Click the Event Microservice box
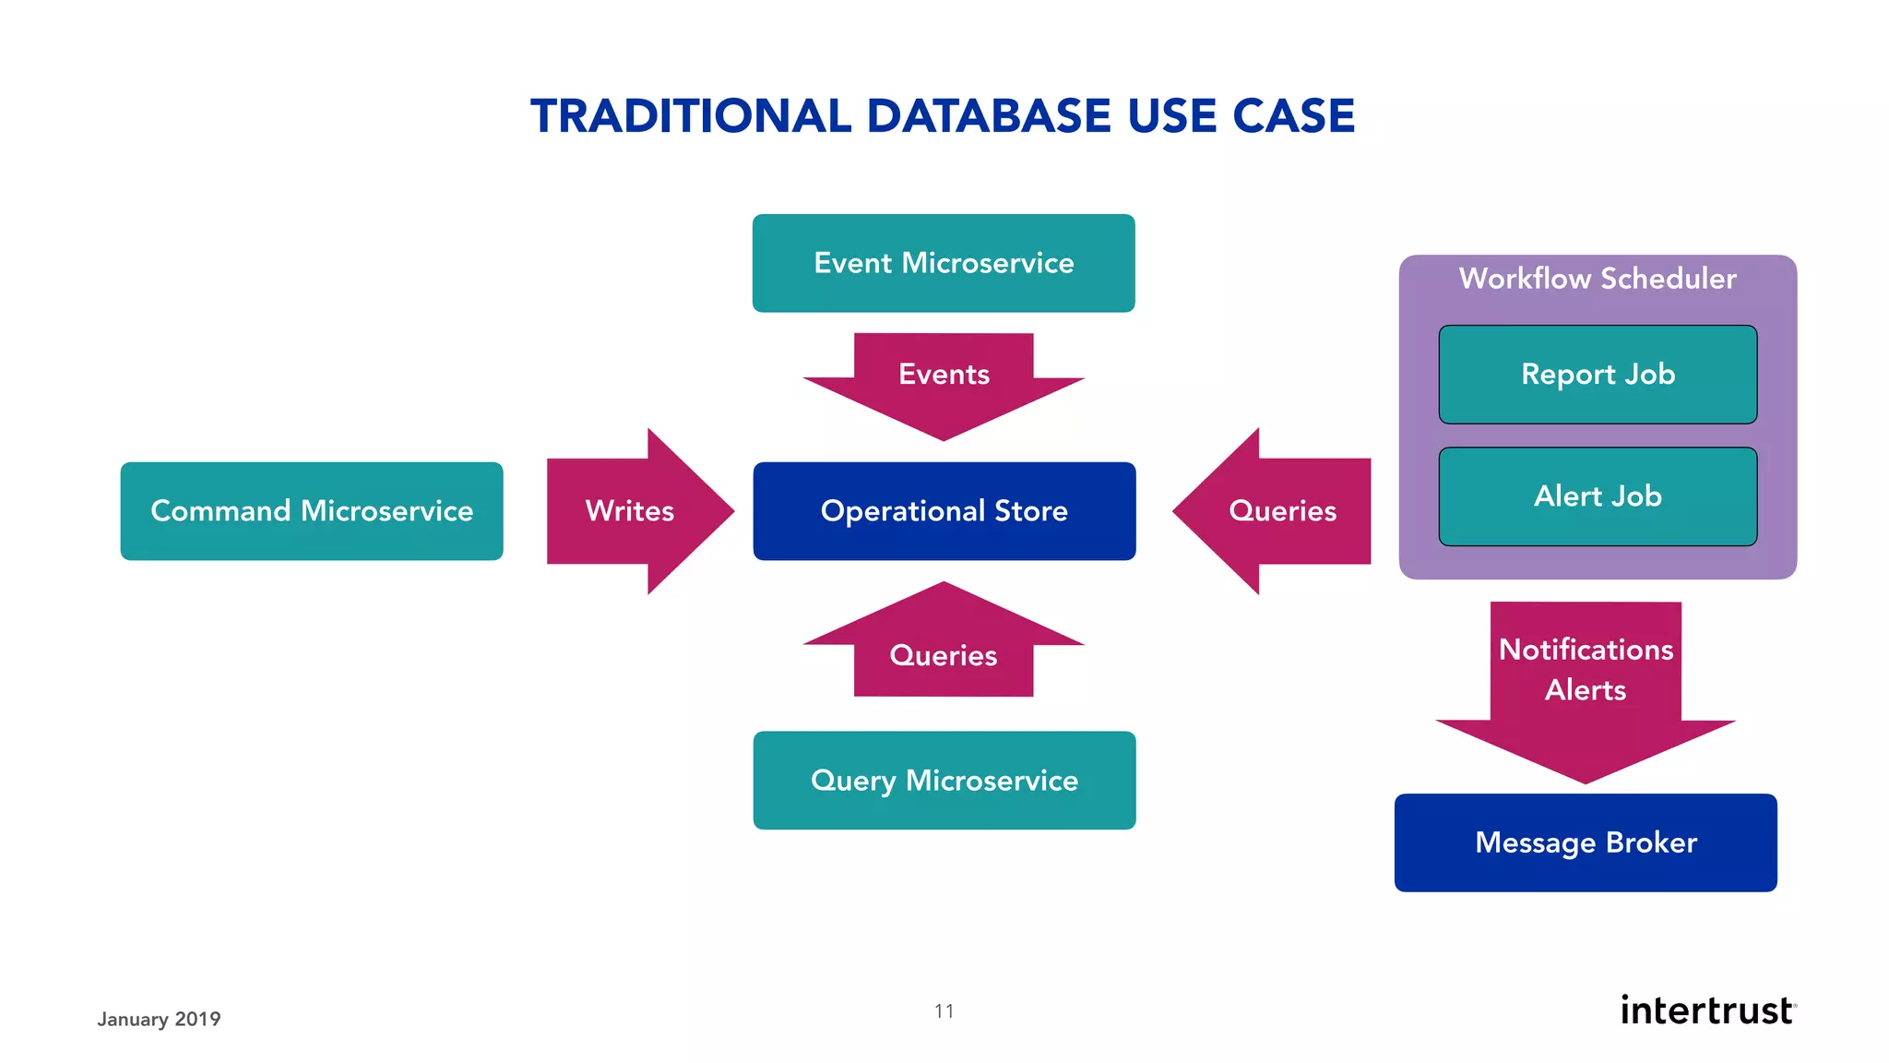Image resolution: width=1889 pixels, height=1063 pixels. tap(944, 263)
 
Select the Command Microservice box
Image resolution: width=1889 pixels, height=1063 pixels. tap(312, 511)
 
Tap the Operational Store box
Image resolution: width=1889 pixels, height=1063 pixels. tap(944, 511)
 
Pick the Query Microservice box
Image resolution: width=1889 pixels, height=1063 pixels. tap(944, 781)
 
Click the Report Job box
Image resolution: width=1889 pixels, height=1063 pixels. tap(1598, 375)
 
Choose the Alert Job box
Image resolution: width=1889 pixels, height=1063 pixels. tap(1598, 496)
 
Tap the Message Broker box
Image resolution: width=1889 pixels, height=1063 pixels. tap(1586, 842)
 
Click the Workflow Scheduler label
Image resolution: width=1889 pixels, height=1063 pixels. tap(1598, 279)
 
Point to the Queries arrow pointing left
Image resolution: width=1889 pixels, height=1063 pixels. tap(1277, 511)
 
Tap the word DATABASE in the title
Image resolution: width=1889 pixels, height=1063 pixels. tap(989, 117)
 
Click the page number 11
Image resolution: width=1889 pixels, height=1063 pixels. tap(944, 1011)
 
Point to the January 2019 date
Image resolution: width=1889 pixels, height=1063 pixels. tap(159, 1020)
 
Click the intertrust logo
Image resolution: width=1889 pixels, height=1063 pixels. tap(1707, 1010)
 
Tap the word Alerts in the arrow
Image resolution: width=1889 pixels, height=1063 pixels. tap(1586, 690)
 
